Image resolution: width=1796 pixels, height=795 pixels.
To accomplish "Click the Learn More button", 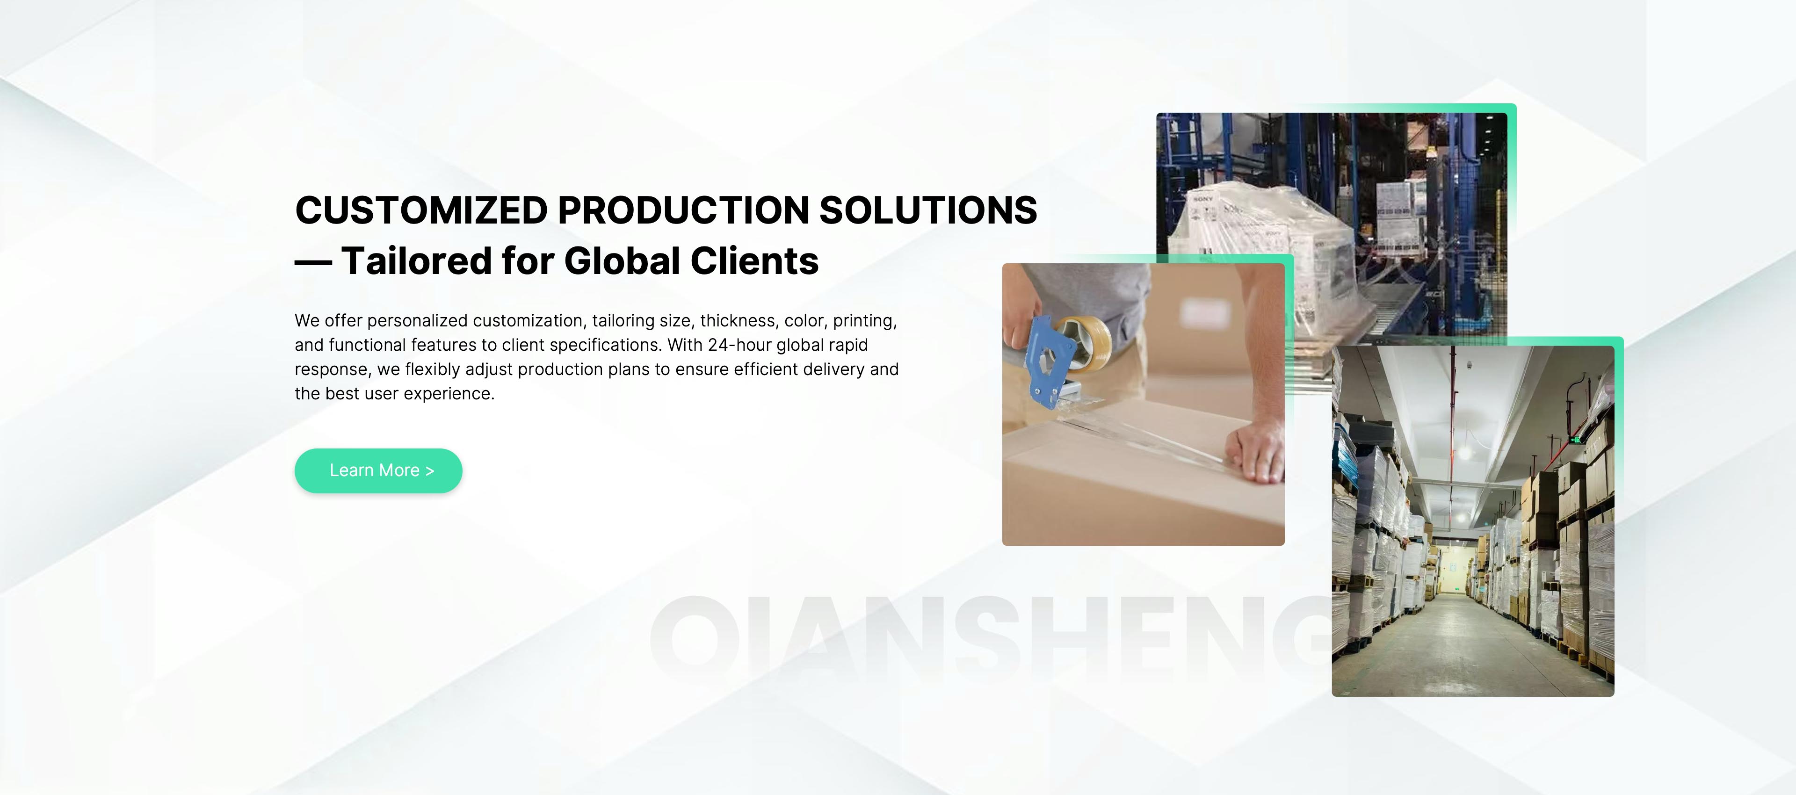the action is click(378, 471).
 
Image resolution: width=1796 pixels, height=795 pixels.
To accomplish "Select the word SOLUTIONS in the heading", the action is click(928, 210).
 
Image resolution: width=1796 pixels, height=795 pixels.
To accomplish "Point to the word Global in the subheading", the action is click(622, 261).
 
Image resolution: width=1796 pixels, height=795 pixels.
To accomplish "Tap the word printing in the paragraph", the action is click(864, 321).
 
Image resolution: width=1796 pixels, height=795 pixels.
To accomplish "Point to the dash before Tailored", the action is click(313, 263).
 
